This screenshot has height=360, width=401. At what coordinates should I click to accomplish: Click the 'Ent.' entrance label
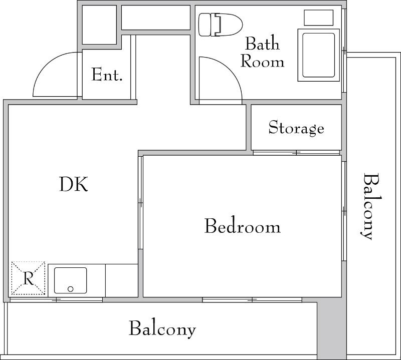point(107,75)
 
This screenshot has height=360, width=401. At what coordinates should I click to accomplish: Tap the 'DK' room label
point(74,185)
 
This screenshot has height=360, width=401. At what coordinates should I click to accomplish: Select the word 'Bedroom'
point(242,226)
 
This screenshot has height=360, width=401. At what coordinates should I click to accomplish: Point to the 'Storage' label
point(296,128)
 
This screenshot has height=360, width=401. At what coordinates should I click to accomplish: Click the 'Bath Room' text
point(262,53)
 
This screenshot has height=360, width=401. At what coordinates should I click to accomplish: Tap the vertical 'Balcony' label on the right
point(369,206)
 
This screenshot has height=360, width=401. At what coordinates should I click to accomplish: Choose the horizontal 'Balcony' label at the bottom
point(162,329)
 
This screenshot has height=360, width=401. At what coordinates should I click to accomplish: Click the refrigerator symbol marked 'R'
point(28,278)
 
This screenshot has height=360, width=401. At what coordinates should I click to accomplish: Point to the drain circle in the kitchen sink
point(70,289)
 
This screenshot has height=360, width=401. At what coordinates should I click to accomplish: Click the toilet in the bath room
point(220,25)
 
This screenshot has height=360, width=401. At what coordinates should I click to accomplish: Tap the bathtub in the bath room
point(318,55)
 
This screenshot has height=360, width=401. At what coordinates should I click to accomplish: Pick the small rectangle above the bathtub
point(319,18)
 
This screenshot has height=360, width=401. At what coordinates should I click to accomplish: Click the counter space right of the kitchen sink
point(121,280)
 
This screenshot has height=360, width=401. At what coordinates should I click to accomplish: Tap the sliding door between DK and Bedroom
point(141,203)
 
